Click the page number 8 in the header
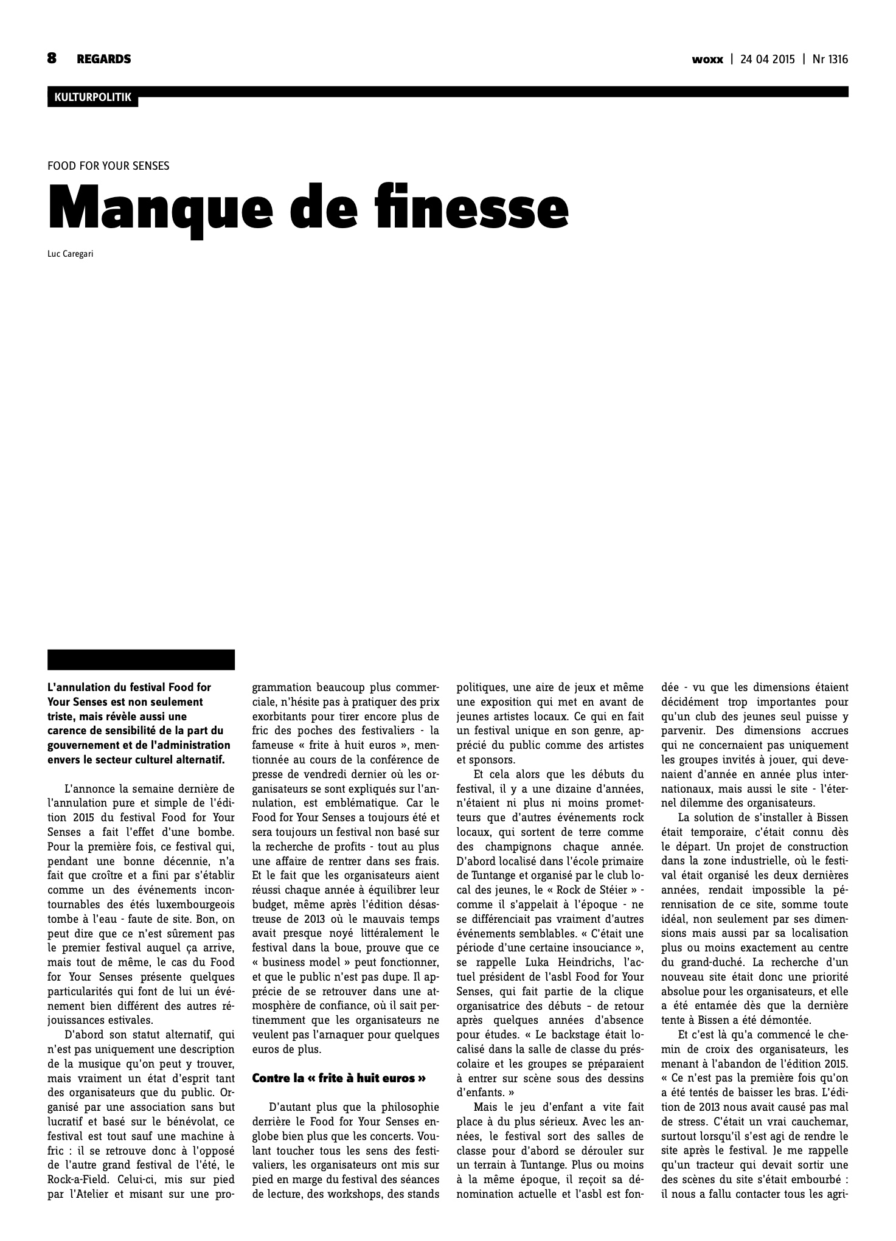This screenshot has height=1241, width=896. [x=52, y=58]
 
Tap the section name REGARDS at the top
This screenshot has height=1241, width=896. [x=103, y=59]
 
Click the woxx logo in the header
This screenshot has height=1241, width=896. [x=707, y=60]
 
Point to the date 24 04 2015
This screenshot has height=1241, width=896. [x=768, y=60]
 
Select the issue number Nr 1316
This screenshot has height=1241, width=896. [x=830, y=60]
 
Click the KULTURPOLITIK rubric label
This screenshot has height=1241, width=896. [x=92, y=97]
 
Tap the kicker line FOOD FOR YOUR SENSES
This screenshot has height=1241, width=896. [x=108, y=165]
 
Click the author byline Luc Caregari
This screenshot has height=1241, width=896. [x=70, y=254]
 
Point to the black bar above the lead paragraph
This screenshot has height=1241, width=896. [x=141, y=659]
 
